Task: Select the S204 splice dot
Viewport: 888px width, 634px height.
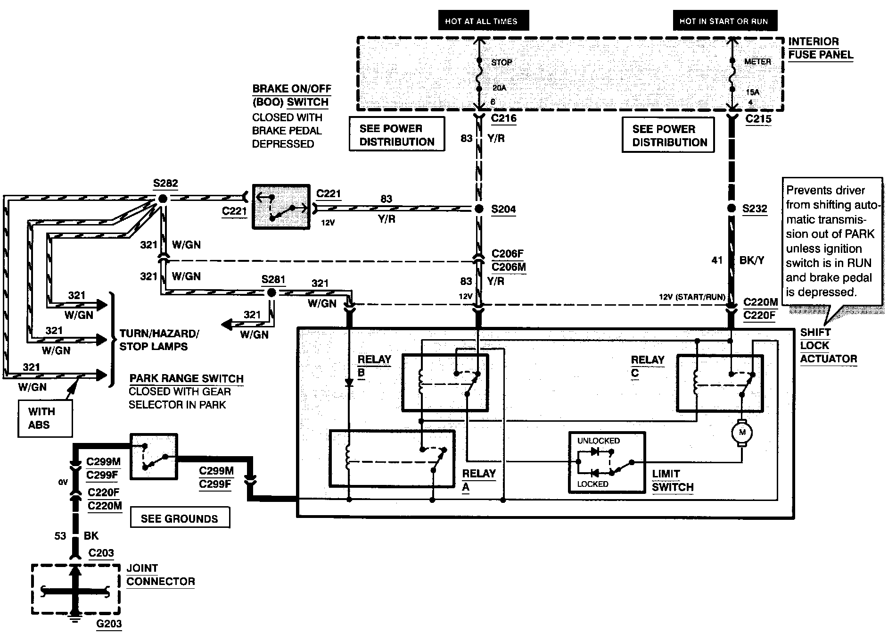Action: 479,209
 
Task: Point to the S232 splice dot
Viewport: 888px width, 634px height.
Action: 732,209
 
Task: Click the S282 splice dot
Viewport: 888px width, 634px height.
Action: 163,199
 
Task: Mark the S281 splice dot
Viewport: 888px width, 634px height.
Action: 271,293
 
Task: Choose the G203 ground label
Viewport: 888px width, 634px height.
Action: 109,624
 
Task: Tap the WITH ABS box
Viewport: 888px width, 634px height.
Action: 45,418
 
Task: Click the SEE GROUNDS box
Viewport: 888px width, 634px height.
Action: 180,518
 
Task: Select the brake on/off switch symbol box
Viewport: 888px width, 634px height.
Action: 281,207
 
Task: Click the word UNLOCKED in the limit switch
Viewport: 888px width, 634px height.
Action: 599,441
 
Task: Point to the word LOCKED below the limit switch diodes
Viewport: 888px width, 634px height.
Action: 592,484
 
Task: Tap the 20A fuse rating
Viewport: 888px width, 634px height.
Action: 499,88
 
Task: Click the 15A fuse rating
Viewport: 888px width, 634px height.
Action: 753,92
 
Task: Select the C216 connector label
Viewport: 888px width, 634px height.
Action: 504,118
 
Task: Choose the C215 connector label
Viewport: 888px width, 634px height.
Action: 758,119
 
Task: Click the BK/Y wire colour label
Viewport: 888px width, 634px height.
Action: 752,260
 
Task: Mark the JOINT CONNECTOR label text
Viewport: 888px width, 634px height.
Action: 161,575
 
